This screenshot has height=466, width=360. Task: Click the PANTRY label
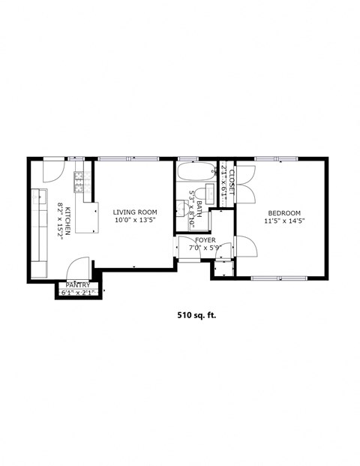click(x=78, y=285)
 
